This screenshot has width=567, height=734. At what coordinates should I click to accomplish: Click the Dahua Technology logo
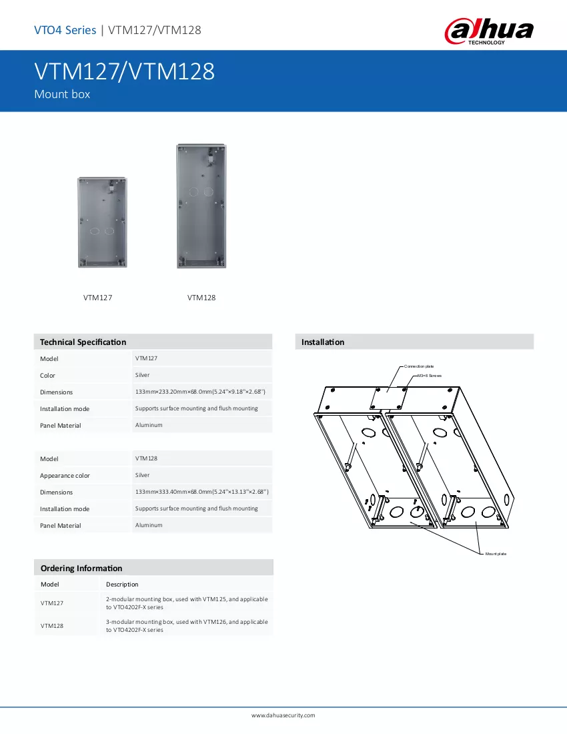(x=489, y=31)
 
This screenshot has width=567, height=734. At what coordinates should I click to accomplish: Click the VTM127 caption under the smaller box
(x=98, y=298)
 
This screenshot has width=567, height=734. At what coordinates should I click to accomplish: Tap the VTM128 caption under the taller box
(x=201, y=298)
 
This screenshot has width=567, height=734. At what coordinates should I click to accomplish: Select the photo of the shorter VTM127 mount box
(x=103, y=222)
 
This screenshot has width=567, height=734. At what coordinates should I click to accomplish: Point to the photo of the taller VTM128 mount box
(x=201, y=206)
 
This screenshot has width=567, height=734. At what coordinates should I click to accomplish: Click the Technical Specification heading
(x=83, y=342)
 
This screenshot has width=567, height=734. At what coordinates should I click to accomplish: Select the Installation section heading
(x=323, y=342)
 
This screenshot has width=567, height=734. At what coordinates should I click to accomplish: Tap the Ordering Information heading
(x=81, y=569)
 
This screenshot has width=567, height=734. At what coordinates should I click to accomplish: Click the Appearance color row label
(x=65, y=476)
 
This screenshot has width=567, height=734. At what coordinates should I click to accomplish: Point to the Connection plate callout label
(x=419, y=366)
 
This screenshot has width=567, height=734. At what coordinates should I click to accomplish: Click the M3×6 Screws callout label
(x=430, y=376)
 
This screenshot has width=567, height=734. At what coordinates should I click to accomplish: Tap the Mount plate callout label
(x=496, y=555)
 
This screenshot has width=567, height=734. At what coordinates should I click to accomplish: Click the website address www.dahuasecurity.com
(x=283, y=715)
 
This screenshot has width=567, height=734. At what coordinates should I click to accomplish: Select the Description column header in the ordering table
(x=122, y=585)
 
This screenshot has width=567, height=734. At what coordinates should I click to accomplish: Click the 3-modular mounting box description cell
(x=187, y=626)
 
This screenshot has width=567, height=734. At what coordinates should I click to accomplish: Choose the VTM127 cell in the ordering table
(x=52, y=603)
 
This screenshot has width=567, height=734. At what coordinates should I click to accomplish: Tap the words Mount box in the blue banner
(x=62, y=94)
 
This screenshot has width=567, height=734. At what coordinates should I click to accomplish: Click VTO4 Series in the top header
(x=65, y=30)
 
